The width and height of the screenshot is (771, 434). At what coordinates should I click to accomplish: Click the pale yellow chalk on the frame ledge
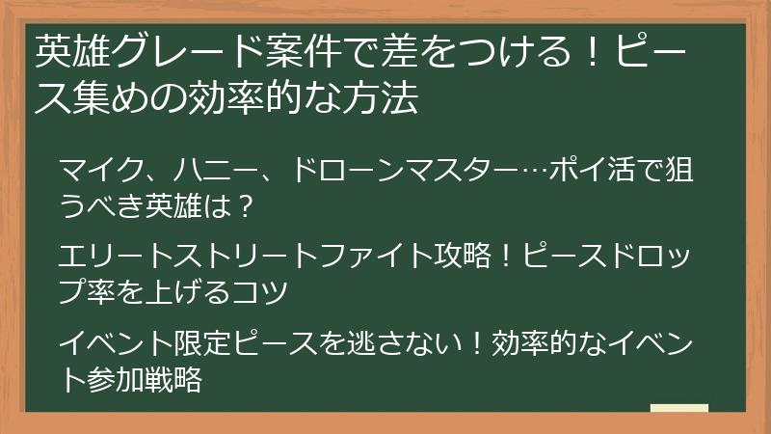click(x=678, y=408)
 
